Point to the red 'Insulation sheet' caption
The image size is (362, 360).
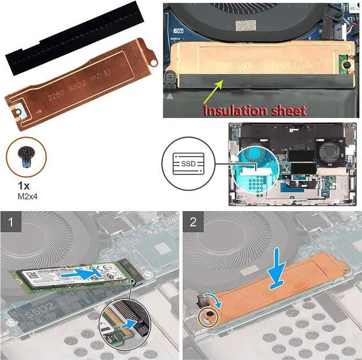[x=255, y=110]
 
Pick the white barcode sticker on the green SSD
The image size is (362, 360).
[x=40, y=280]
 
